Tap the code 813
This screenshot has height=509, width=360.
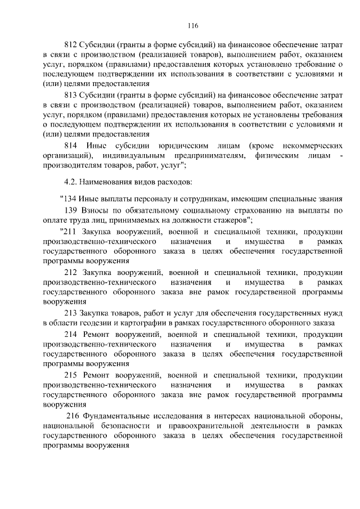[x=71, y=95]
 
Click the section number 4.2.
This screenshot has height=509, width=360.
[x=70, y=182]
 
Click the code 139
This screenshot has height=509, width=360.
[x=71, y=210]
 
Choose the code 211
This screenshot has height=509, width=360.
[x=71, y=232]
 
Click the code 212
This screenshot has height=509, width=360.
[x=71, y=272]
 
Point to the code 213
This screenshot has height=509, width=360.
[x=71, y=312]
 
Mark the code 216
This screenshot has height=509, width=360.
[x=74, y=416]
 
